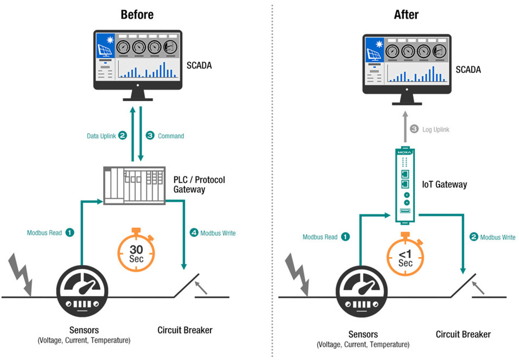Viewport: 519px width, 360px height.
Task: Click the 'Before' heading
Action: [x=137, y=15]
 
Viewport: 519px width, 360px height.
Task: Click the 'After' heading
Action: [x=406, y=15]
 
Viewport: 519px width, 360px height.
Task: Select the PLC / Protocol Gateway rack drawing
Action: [x=134, y=185]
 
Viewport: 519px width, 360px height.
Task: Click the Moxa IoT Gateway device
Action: [x=404, y=185]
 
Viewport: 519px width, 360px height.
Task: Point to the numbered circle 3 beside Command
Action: [x=150, y=136]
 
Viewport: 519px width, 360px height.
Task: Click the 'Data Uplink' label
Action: [x=101, y=136]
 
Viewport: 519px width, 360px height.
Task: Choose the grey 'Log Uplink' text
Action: [x=435, y=130]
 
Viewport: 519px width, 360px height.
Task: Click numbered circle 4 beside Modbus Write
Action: [x=194, y=233]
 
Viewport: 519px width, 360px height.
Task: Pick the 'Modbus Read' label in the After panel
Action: [x=320, y=237]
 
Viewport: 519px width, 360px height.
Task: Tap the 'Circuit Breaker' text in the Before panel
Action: [x=185, y=330]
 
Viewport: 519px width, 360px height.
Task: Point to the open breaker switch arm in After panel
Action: [x=463, y=286]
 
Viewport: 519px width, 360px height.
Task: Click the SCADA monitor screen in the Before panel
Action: [x=137, y=56]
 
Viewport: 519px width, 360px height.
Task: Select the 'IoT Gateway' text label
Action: [x=444, y=185]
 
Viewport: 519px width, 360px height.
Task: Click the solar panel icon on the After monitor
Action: [x=374, y=54]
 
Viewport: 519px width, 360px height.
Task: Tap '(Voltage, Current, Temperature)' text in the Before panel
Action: [x=84, y=341]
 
